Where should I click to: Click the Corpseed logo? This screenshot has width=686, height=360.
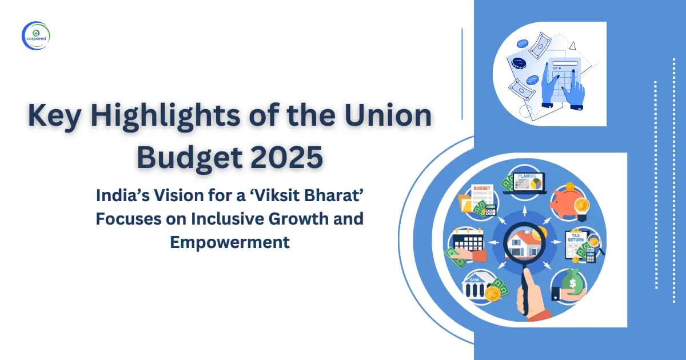36,36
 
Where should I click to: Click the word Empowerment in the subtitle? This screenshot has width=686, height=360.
229,242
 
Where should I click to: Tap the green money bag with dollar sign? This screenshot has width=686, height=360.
572,283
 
